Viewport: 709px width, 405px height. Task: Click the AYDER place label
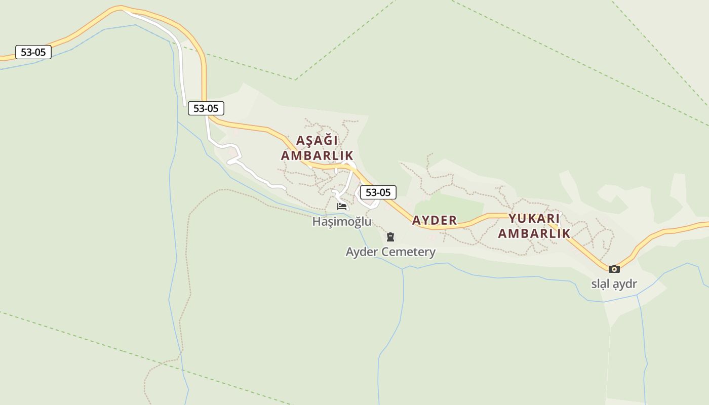(x=434, y=220)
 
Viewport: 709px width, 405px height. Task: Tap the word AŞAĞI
(x=317, y=140)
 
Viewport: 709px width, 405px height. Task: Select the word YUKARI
(x=534, y=219)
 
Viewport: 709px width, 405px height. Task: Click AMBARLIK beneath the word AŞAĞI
(x=317, y=155)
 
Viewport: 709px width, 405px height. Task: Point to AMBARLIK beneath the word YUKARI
(x=534, y=233)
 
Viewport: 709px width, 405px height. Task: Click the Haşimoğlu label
(x=341, y=222)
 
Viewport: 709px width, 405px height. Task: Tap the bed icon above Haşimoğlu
(x=342, y=207)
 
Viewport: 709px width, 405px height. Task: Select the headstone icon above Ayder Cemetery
(x=390, y=236)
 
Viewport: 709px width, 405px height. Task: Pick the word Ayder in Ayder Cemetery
(x=362, y=252)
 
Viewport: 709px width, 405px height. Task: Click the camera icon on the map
(x=614, y=269)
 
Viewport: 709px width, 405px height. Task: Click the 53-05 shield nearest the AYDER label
(x=378, y=192)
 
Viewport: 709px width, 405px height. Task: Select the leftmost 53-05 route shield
(x=33, y=52)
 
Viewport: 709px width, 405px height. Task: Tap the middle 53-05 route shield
(x=206, y=108)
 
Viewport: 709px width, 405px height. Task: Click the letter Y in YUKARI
(x=513, y=219)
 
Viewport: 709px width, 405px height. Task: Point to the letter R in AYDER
(x=453, y=220)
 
